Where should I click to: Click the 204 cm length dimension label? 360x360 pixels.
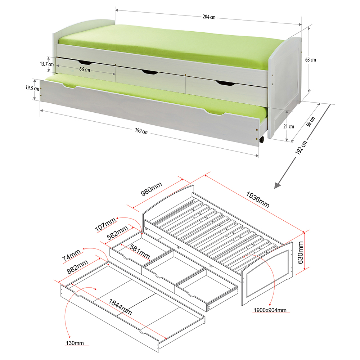point(209,17)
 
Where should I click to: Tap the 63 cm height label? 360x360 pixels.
point(310,60)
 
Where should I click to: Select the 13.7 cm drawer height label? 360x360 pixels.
point(47,64)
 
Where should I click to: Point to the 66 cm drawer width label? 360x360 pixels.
point(85,69)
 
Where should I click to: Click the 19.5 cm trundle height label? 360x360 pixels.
point(32,88)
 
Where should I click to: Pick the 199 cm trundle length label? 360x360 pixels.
point(141,131)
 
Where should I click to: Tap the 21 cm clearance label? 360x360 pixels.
point(289,126)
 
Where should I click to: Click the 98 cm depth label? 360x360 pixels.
point(311,122)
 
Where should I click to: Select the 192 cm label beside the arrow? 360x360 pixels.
point(301,148)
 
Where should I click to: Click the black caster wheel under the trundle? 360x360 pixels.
point(261,139)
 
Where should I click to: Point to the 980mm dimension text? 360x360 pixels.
point(151,189)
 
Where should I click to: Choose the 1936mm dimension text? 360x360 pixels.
point(258,199)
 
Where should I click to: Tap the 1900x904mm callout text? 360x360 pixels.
point(270,310)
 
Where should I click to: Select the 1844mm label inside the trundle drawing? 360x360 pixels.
point(120,307)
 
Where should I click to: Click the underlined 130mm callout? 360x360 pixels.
point(75,343)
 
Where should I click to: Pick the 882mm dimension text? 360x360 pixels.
point(77,267)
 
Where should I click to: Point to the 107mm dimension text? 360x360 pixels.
point(105,225)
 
